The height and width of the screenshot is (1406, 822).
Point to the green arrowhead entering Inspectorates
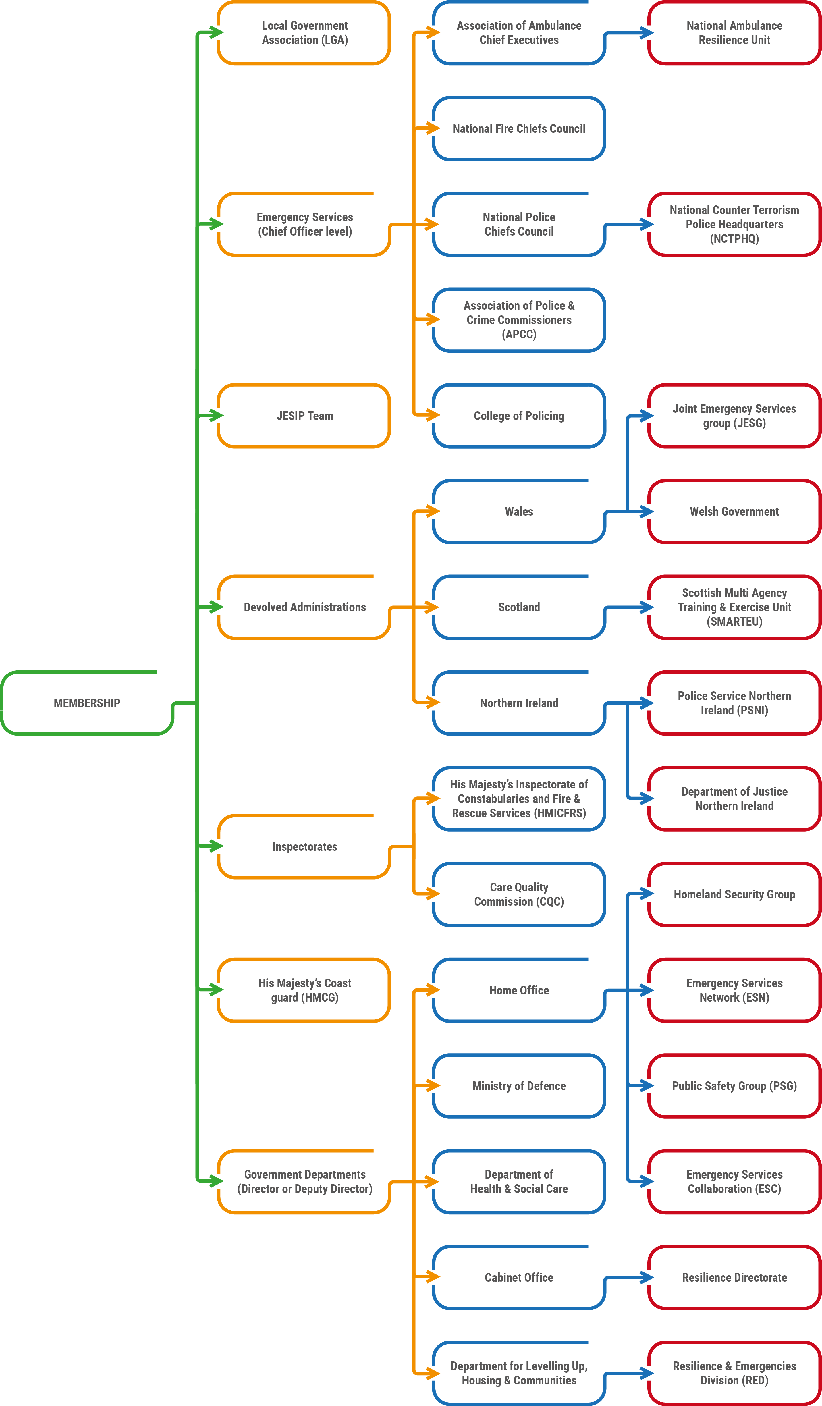217,846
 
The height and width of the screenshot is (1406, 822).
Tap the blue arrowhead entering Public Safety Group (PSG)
647,1086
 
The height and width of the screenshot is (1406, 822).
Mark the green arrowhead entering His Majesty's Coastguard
217,990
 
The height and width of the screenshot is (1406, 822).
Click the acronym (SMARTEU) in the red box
734,622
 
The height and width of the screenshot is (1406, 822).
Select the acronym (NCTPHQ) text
734,239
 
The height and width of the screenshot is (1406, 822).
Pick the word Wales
519,512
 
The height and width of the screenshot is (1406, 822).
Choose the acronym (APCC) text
519,334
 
